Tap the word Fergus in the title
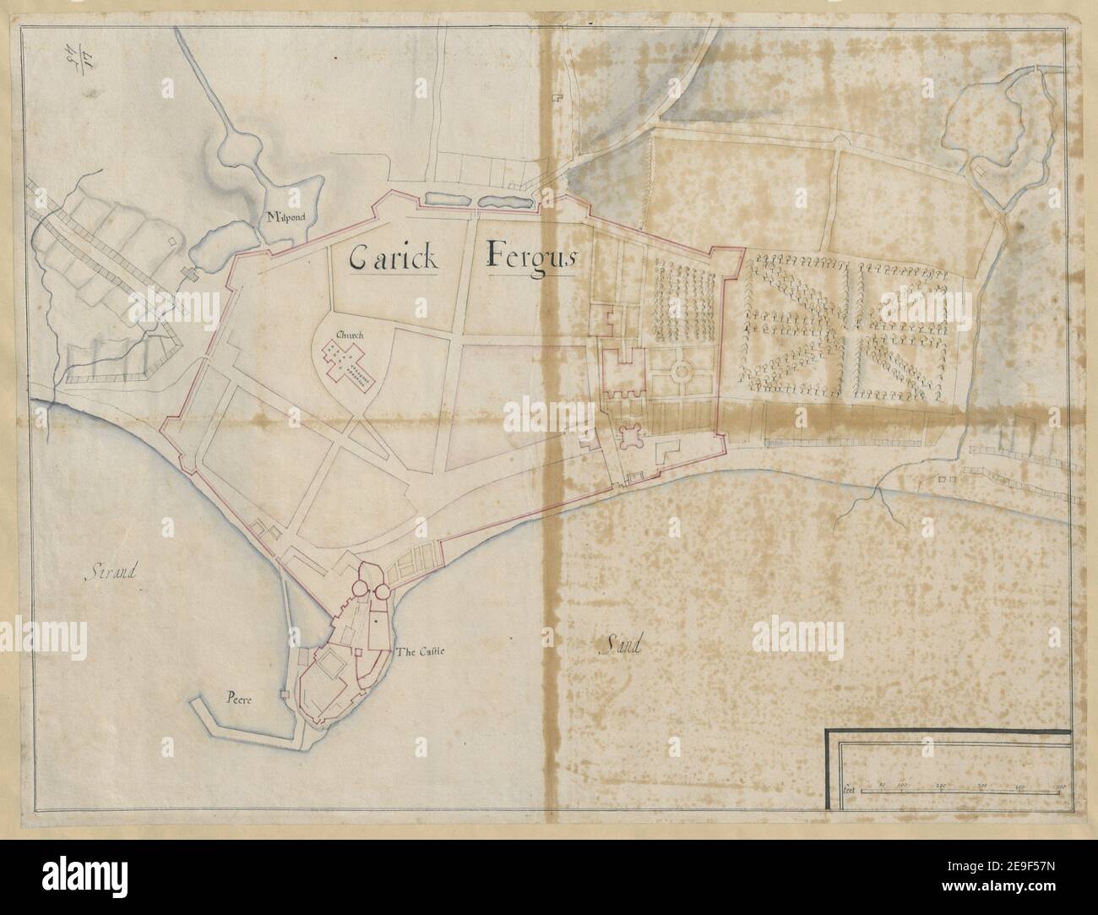click(x=530, y=256)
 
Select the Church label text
click(x=350, y=335)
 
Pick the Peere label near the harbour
click(x=241, y=699)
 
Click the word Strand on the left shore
click(x=111, y=575)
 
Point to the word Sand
click(x=620, y=647)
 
